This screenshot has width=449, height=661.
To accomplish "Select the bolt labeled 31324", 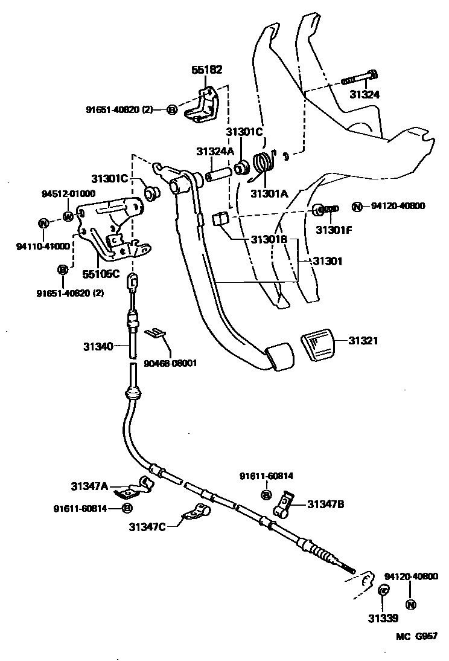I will tap(360, 79).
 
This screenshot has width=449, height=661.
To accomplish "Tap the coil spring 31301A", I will tap(262, 166).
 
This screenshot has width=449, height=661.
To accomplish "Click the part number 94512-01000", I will tap(68, 194).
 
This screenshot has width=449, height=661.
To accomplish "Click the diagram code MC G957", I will tap(416, 636).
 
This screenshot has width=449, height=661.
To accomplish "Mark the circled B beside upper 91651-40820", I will tap(171, 109).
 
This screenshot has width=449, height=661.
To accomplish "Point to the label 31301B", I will tap(269, 239).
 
